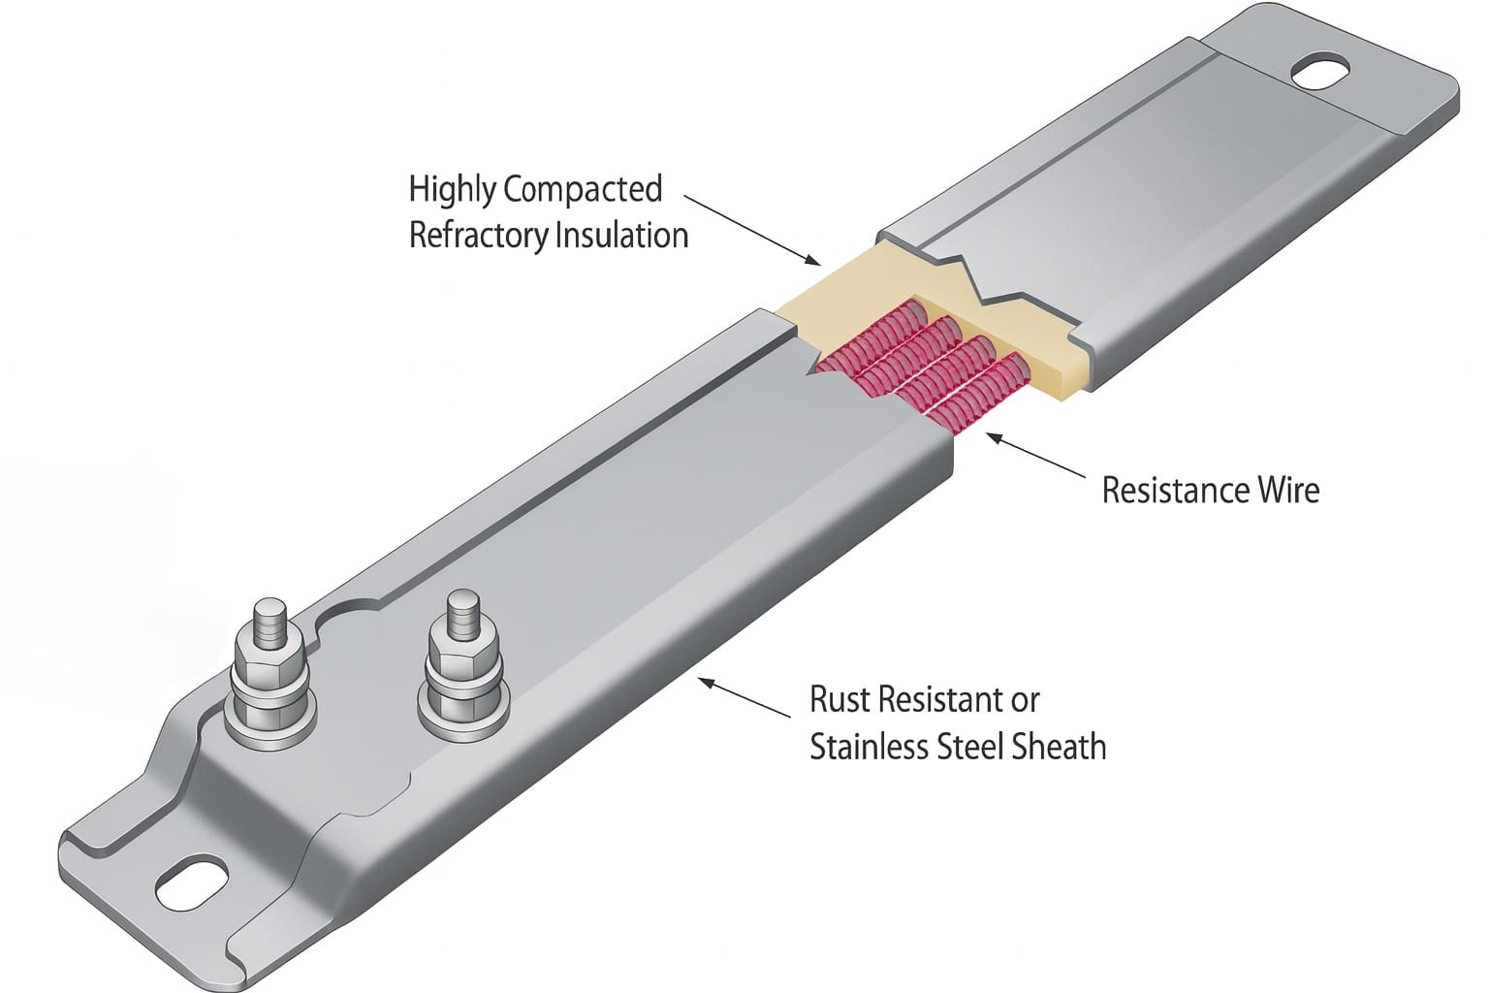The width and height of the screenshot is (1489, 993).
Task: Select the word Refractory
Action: click(477, 236)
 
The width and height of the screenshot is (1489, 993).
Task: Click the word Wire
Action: click(1288, 490)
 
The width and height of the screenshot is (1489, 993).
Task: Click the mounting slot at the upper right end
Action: click(1320, 73)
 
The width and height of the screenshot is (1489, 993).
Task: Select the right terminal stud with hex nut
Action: click(462, 659)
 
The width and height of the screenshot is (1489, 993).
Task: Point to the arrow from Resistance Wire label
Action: click(1033, 456)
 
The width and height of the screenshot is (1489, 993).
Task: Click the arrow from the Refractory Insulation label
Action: click(751, 228)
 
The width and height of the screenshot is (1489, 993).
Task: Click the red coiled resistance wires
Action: click(921, 368)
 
